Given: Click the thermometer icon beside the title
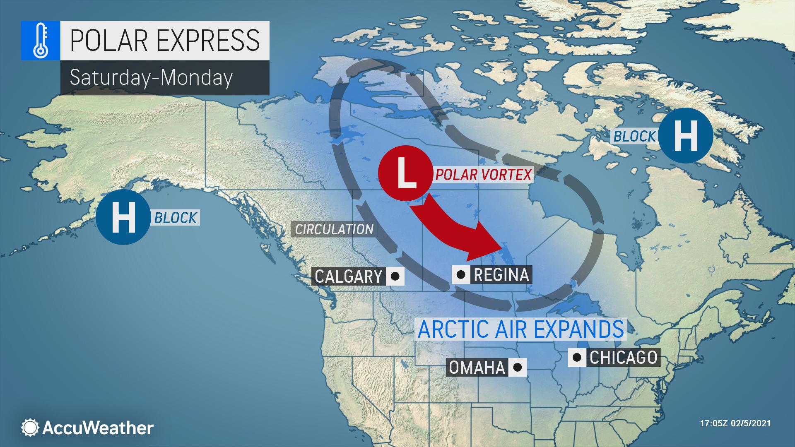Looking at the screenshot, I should pyautogui.click(x=40, y=40).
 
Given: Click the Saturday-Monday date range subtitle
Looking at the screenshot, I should pyautogui.click(x=151, y=77).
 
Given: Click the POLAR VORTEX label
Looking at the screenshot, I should pyautogui.click(x=483, y=175).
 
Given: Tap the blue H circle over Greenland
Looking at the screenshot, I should pyautogui.click(x=685, y=135).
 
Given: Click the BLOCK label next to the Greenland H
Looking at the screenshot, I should pyautogui.click(x=634, y=136).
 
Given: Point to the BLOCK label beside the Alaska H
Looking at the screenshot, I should pyautogui.click(x=176, y=218).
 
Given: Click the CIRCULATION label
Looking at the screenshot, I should pyautogui.click(x=334, y=229).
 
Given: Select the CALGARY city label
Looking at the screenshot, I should pyautogui.click(x=348, y=276).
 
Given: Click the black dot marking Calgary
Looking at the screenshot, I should pyautogui.click(x=395, y=276).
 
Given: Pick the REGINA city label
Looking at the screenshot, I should pyautogui.click(x=501, y=274).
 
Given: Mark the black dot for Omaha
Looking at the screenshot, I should pyautogui.click(x=517, y=367).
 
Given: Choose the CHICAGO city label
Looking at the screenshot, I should pyautogui.click(x=623, y=358).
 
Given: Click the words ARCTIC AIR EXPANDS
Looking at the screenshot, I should pyautogui.click(x=520, y=329).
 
